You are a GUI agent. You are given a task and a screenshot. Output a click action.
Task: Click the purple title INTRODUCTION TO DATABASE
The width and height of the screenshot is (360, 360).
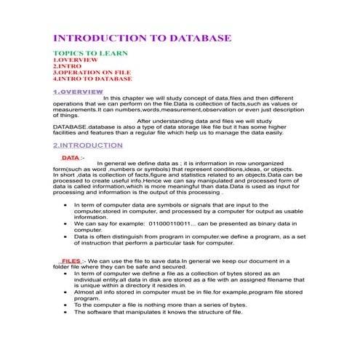143,38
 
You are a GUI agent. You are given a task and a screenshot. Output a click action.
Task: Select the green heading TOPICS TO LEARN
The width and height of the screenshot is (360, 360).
90,54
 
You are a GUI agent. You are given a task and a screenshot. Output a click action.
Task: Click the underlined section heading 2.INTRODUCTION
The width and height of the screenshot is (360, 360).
88,145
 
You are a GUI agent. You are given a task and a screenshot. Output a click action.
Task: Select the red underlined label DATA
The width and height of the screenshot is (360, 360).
71,157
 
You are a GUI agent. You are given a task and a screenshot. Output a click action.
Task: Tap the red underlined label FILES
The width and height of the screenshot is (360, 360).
71,260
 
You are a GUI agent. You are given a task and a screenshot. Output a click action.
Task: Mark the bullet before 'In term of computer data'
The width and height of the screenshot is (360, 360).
67,206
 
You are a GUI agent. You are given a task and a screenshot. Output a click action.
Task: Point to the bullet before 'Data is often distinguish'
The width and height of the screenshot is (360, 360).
67,236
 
